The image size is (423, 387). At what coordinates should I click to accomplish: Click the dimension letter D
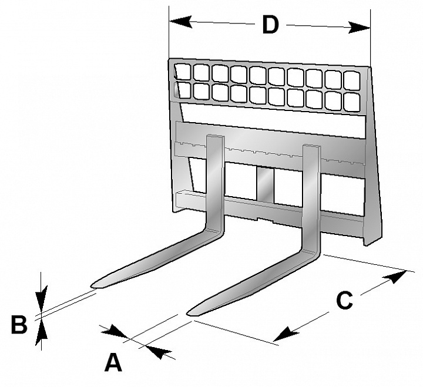270,25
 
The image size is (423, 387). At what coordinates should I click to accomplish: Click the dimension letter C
344,300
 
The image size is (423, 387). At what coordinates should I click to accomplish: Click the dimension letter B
19,324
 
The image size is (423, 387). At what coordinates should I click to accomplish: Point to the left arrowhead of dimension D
181,22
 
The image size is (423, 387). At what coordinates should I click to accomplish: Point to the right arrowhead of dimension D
359,27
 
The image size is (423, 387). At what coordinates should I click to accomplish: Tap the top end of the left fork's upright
215,136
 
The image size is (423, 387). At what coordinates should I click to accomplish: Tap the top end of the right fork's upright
311,146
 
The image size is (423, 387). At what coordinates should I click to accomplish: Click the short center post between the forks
265,185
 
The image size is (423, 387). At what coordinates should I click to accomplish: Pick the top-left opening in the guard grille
183,71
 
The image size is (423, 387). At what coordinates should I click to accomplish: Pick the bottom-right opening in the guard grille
352,102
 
